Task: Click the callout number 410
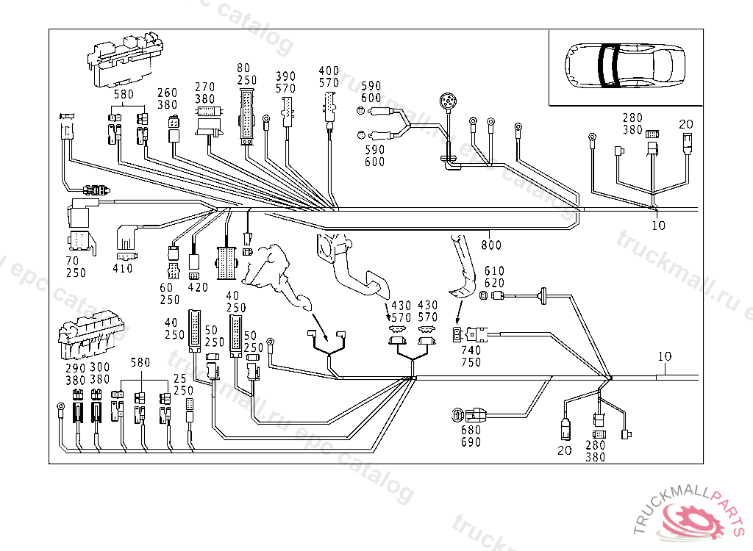coord(122,269)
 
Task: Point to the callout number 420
coord(199,287)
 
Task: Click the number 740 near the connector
coord(471,350)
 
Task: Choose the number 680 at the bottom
coord(471,430)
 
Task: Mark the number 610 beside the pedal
coord(494,271)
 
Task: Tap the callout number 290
coord(76,367)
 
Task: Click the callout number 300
coord(99,367)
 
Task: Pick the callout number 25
coord(179,378)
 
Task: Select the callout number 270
coord(205,87)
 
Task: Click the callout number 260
coord(168,93)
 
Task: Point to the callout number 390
coord(285,76)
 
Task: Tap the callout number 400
coord(329,71)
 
